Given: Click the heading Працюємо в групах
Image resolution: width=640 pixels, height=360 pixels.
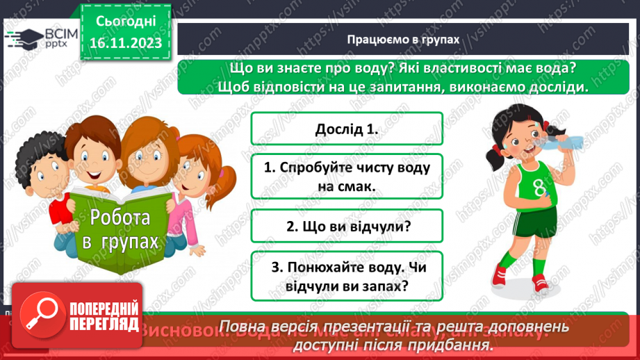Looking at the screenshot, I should [x=403, y=40].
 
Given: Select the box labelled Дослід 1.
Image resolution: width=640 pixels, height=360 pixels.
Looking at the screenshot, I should [x=346, y=129].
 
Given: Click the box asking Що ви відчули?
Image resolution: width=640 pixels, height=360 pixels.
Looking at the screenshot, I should [x=346, y=226].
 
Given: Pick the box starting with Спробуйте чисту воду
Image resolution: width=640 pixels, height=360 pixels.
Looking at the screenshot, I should [x=346, y=177].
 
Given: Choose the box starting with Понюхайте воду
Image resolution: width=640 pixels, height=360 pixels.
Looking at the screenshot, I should [x=346, y=276].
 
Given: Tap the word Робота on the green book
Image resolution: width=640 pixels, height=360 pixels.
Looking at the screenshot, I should [x=120, y=218].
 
